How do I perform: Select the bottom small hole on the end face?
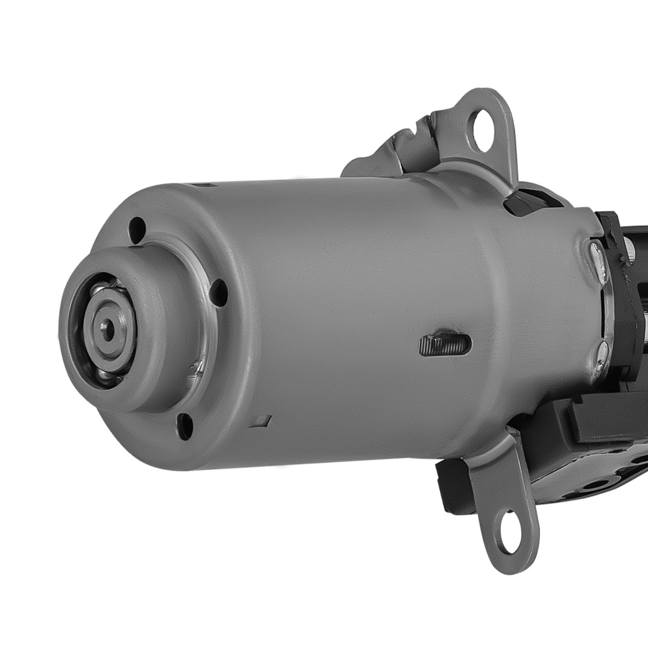coord(185,426)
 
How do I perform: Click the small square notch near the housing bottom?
coord(262,420)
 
